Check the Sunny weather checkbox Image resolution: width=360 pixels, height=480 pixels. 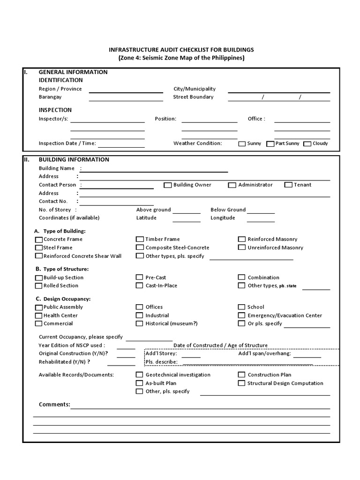(242, 144)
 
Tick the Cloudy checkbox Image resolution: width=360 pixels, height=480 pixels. (307, 144)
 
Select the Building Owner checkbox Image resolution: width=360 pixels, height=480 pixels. (167, 185)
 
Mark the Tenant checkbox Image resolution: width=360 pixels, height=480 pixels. (288, 185)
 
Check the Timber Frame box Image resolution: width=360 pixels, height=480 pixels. (140, 240)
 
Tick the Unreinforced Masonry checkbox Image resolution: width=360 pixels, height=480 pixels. (242, 247)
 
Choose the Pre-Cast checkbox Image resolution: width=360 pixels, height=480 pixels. (140, 277)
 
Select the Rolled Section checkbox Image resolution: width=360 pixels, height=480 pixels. (38, 285)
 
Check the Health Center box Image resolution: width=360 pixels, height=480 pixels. (38, 316)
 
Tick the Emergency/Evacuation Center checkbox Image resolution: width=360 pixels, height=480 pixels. (242, 316)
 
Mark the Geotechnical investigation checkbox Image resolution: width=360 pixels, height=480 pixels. (140, 375)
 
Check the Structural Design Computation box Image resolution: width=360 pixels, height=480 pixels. (242, 383)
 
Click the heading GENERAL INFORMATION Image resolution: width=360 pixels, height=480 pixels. (73, 72)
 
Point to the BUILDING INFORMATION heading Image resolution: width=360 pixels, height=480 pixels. (74, 159)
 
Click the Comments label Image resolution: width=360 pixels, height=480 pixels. (54, 405)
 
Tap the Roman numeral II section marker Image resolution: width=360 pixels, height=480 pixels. (27, 159)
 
